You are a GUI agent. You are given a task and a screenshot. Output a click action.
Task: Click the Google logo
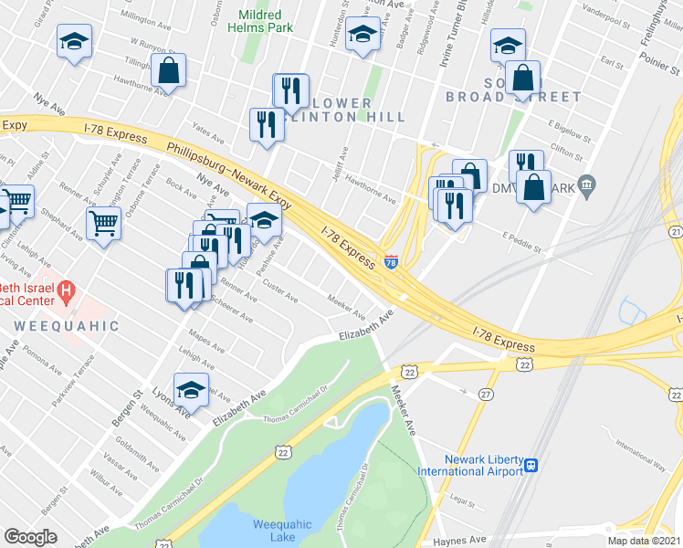pyautogui.click(x=31, y=537)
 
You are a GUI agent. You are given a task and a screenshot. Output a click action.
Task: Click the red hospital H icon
pyautogui.click(x=66, y=292)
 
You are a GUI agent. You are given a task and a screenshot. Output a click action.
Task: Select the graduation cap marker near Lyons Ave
pyautogui.click(x=192, y=390)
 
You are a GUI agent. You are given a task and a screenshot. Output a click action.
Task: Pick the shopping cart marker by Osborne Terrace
pyautogui.click(x=104, y=222)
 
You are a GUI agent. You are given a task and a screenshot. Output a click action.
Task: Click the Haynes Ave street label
pyautogui.click(x=462, y=540)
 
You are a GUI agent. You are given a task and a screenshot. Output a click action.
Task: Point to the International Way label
pyautogui.click(x=640, y=447)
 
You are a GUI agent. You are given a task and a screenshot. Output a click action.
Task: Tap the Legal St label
pyautogui.click(x=465, y=501)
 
